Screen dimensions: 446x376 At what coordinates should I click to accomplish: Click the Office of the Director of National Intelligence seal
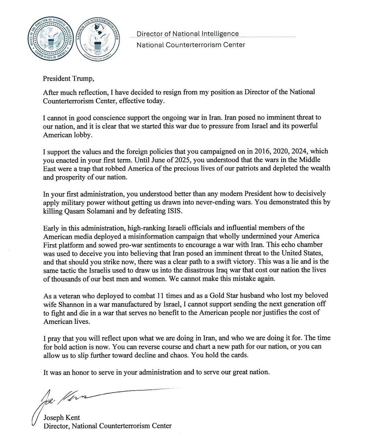50,40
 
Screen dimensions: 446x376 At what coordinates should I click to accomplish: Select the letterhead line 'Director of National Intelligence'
188,34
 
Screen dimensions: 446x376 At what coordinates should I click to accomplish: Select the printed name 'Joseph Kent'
61,417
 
